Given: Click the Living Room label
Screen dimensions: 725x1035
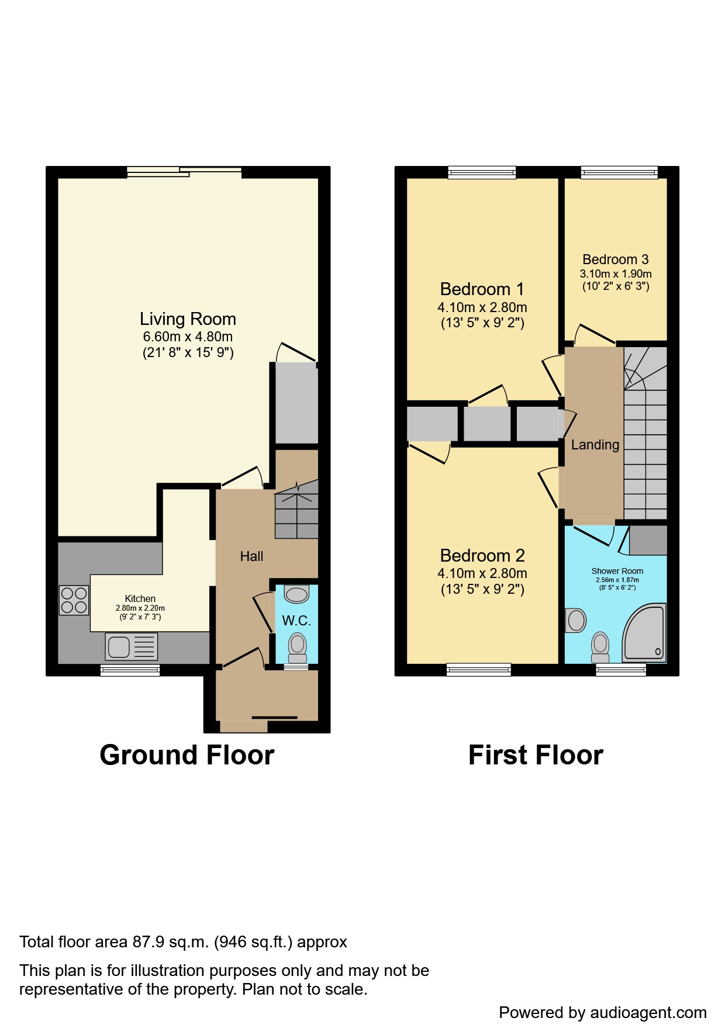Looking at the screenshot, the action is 188,319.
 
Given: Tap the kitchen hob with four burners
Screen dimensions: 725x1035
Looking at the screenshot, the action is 74,600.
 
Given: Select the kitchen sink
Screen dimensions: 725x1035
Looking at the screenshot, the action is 132,646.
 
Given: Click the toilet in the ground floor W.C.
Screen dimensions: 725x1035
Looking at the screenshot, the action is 298,648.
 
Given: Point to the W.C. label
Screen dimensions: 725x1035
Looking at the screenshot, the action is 296,621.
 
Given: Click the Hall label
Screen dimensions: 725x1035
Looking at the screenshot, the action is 252,556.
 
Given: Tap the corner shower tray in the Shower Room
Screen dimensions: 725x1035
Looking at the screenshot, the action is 644,633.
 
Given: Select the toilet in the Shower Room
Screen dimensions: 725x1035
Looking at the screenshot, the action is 600,647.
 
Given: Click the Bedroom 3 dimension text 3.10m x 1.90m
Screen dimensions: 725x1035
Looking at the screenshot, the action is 616,274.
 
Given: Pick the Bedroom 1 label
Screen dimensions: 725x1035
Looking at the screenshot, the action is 482,289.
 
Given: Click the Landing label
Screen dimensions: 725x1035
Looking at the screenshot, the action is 595,445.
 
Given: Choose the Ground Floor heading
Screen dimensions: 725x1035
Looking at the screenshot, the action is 187,755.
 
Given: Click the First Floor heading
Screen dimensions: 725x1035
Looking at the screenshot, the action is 536,755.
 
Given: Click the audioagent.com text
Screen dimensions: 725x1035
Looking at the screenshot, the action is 648,1013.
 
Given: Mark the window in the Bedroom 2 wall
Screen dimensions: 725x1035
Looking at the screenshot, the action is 479,670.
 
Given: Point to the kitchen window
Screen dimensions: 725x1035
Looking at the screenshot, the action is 130,670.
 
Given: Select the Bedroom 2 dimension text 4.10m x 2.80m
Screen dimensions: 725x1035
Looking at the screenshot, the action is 482,573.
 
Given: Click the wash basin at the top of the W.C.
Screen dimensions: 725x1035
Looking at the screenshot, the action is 296,594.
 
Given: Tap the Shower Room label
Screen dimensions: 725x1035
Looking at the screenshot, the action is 617,571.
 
